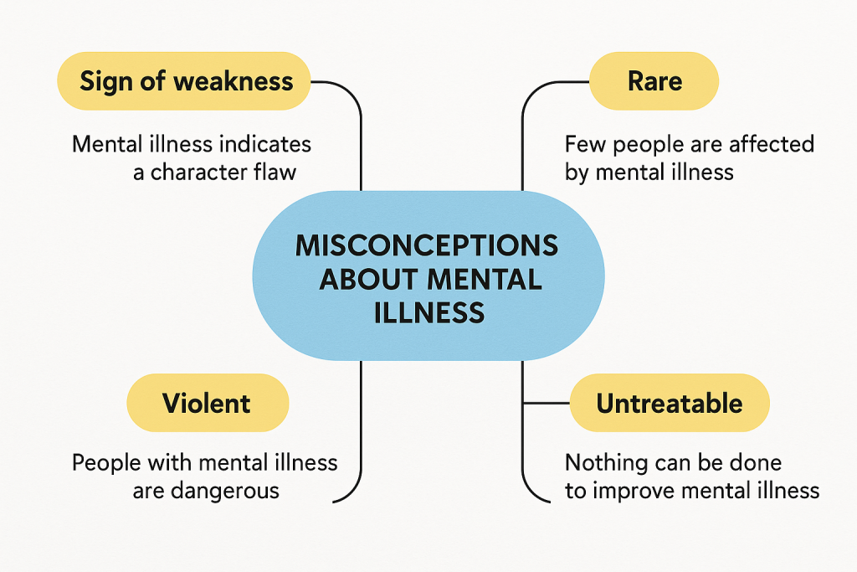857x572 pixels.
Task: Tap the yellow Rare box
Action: point(654,81)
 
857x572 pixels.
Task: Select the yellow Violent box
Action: point(207,403)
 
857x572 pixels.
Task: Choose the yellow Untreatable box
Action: point(669,403)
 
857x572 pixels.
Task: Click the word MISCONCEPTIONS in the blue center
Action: point(427,246)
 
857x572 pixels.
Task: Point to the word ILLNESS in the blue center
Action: point(427,312)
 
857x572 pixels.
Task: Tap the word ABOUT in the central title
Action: point(363,279)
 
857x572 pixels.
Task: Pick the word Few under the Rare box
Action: point(582,144)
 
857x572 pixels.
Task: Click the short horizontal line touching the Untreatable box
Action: point(546,403)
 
